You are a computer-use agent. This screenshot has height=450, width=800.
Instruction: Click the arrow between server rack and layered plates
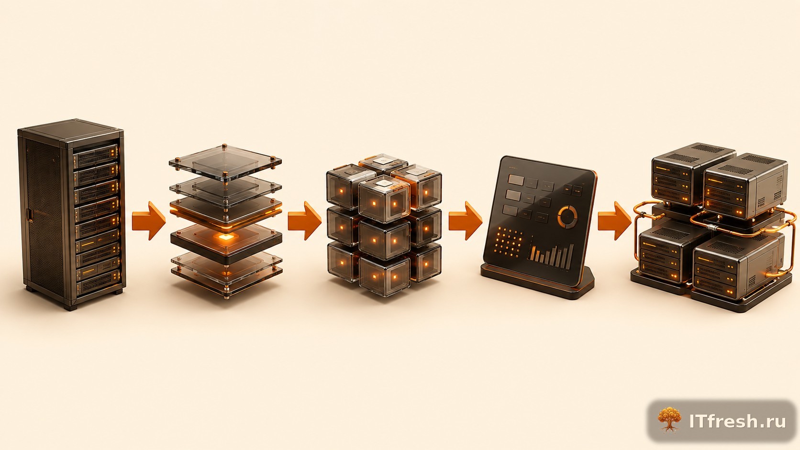tap(149, 220)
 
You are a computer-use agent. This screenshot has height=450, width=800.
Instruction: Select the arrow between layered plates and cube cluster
tap(304, 220)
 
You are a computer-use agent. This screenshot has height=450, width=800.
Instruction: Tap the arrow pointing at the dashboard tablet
tap(465, 220)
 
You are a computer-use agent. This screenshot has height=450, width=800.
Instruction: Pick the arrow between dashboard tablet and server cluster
tap(614, 220)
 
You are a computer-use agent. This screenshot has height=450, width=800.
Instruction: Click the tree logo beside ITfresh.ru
tap(669, 420)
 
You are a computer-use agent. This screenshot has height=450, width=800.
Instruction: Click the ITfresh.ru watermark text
tap(737, 421)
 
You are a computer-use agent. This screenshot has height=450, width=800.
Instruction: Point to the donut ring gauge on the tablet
tap(567, 216)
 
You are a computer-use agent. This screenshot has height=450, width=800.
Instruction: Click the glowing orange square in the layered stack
tap(225, 237)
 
